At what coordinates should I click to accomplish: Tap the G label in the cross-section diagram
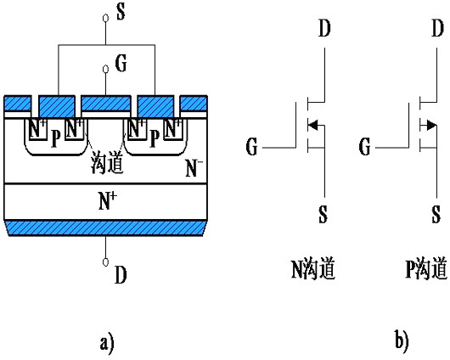121,63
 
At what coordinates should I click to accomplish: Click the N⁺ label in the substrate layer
108,200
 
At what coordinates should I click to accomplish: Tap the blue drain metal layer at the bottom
106,228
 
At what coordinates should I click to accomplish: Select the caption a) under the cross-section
106,342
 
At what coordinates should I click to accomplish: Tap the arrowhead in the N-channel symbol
312,126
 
